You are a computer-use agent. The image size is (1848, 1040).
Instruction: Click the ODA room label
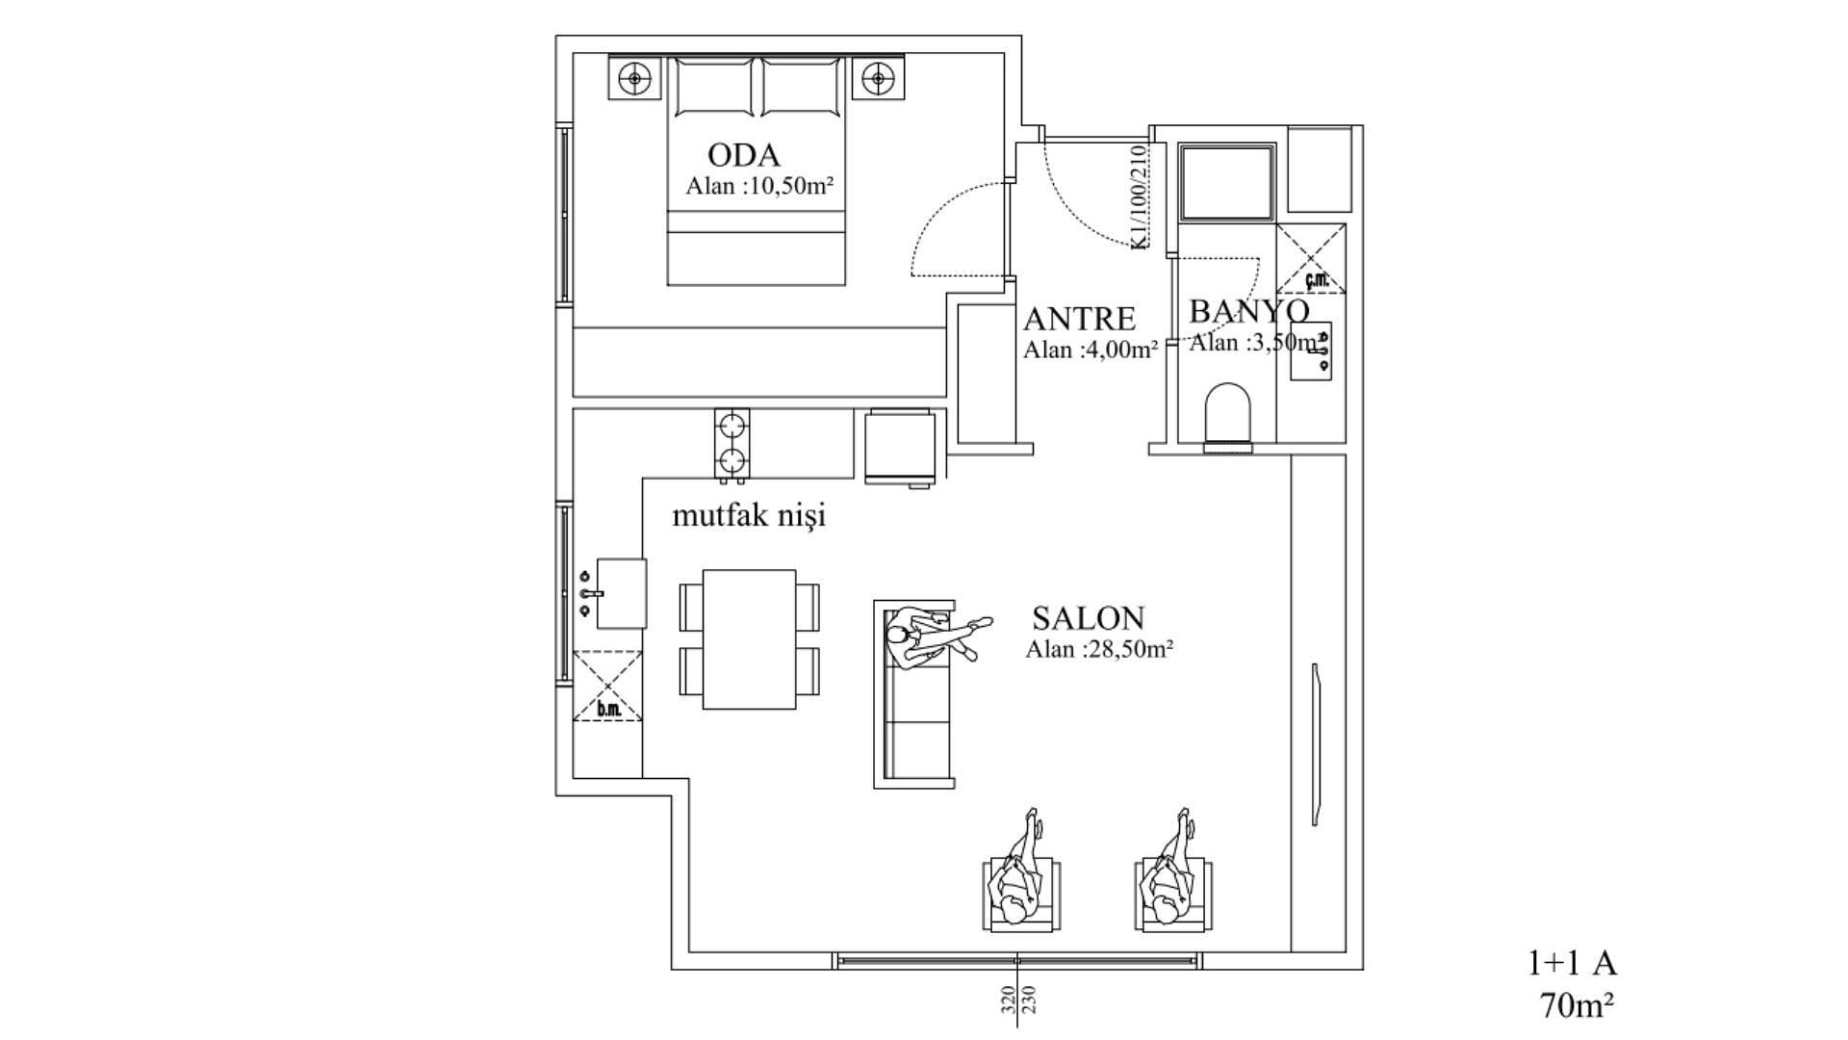pos(743,155)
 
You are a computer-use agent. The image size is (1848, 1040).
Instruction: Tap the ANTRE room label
pos(1079,319)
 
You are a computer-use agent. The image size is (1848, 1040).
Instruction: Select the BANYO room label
pos(1249,311)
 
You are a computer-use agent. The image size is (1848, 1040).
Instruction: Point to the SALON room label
pos(1088,617)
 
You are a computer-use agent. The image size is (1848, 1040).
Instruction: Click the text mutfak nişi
pos(749,516)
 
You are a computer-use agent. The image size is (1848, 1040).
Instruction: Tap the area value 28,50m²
pos(1129,649)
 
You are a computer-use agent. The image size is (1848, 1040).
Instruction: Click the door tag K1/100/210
pos(1139,197)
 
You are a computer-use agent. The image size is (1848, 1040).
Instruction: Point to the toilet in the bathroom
pos(1228,417)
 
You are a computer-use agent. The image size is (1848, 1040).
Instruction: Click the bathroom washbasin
pos(1311,351)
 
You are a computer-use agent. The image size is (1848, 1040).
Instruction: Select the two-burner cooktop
pos(731,444)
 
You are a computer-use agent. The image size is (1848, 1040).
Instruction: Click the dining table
pos(749,639)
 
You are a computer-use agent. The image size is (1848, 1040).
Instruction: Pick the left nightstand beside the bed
pos(634,77)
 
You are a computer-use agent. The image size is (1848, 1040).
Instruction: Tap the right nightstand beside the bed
pos(877,77)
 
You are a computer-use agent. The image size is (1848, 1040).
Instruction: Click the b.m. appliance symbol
pos(607,686)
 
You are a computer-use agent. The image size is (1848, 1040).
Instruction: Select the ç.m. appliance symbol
pos(1311,258)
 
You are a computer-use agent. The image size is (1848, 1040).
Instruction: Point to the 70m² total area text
pos(1577,1005)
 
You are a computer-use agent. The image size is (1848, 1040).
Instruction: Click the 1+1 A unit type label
pos(1573,963)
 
